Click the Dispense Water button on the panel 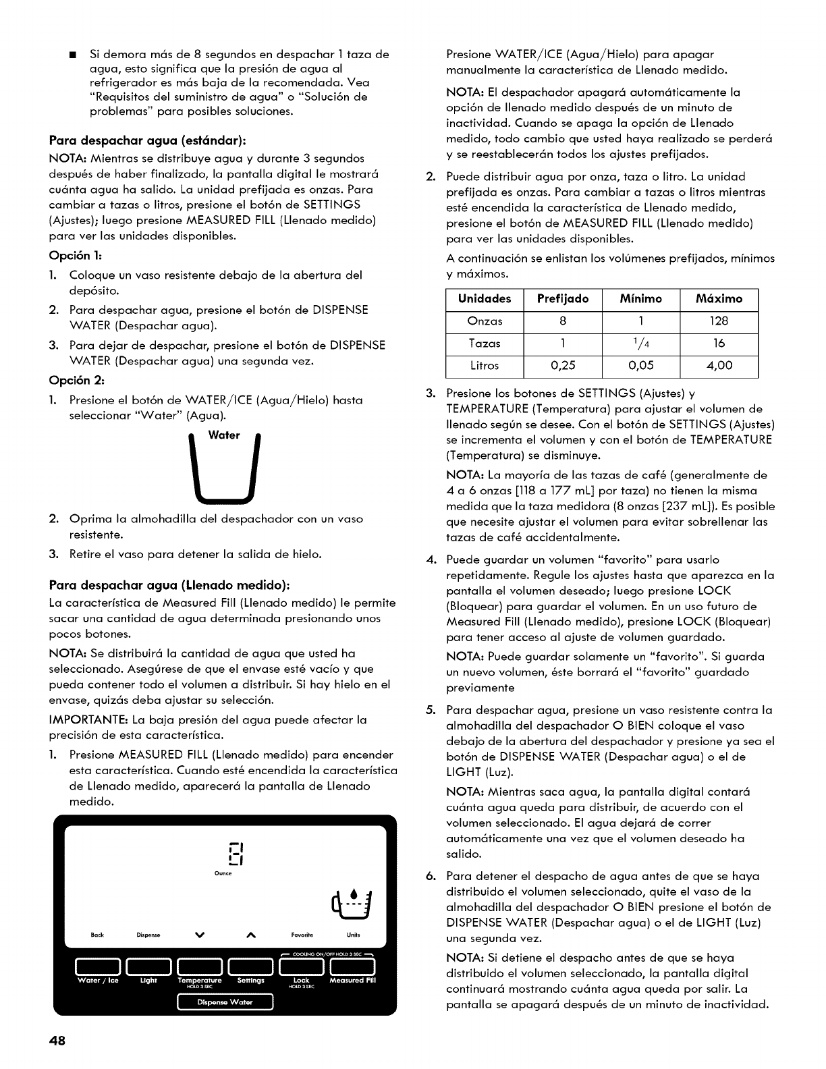(x=225, y=1002)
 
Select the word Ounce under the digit (x=223, y=873)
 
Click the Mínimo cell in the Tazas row (x=640, y=344)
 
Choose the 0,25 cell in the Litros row (x=562, y=366)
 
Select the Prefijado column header (x=562, y=298)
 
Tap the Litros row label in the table (x=485, y=366)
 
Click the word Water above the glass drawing (x=224, y=435)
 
